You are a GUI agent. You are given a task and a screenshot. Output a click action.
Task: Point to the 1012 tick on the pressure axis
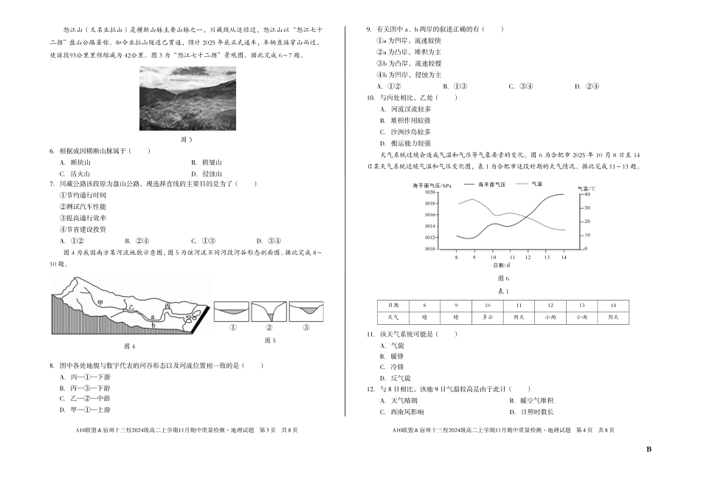(x=431, y=237)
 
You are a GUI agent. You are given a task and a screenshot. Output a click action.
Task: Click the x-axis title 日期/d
(x=502, y=264)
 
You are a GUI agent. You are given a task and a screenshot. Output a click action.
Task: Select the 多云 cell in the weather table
(x=487, y=318)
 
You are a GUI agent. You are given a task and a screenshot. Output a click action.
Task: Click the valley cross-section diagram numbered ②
(x=269, y=311)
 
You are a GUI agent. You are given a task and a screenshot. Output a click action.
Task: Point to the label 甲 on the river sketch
(x=100, y=303)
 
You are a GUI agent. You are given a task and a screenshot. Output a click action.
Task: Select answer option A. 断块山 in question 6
(x=74, y=162)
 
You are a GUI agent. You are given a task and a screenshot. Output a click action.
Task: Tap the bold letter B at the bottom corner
(x=649, y=449)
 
